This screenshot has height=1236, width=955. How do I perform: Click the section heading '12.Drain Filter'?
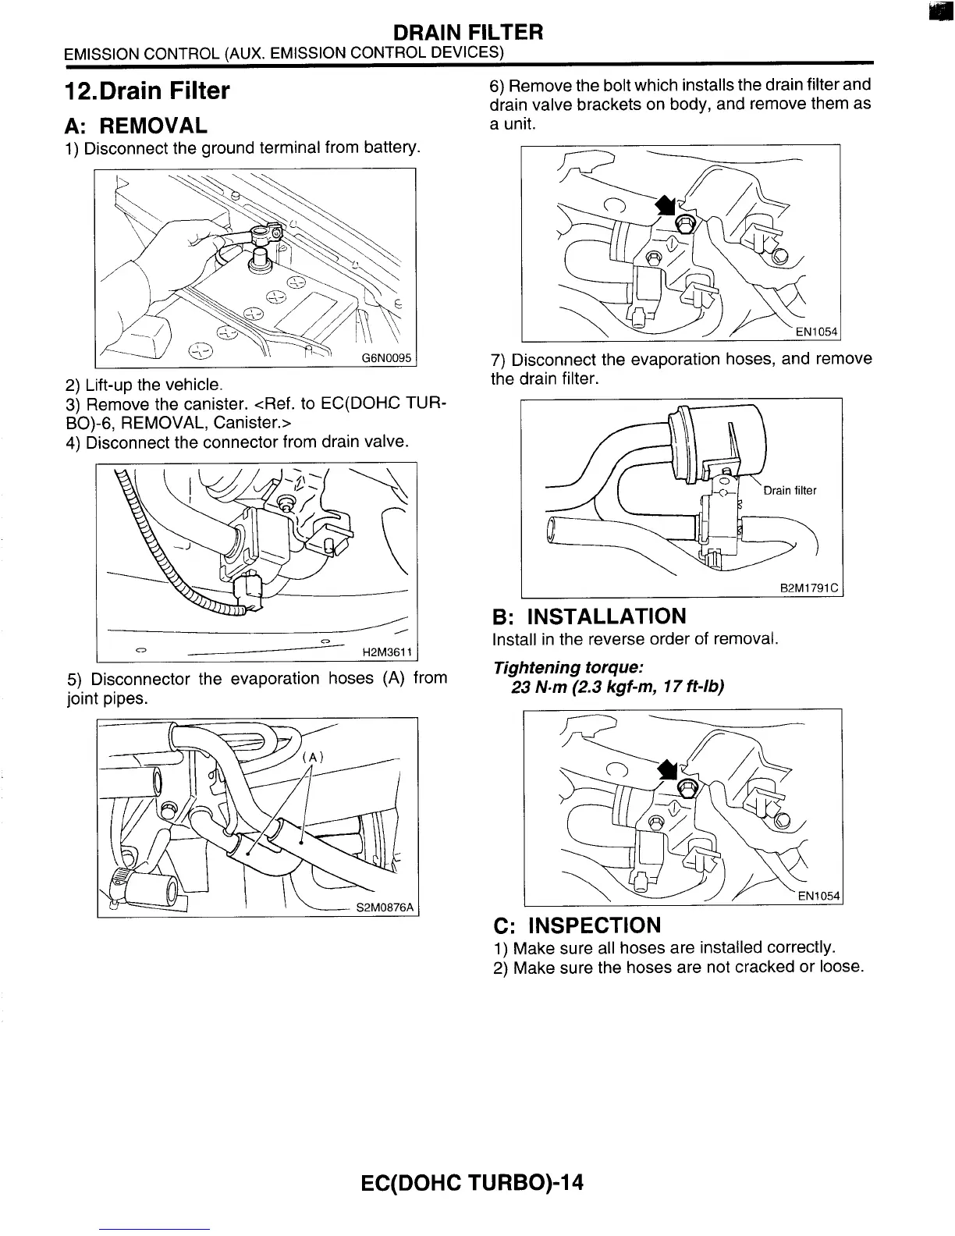pos(147,91)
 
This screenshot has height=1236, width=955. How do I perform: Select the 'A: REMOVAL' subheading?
pos(137,126)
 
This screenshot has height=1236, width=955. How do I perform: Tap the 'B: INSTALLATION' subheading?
pos(589,616)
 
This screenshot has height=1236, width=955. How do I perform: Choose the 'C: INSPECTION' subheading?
pos(577,925)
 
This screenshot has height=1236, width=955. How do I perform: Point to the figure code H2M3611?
pos(389,652)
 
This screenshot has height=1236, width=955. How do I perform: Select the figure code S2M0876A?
pos(386,908)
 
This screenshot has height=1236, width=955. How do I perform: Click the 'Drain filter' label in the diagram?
pos(789,491)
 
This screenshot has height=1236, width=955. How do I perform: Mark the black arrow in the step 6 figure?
pos(665,204)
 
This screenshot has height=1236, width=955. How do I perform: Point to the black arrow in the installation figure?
pos(666,769)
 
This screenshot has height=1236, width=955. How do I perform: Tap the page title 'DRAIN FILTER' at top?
pos(467,32)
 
